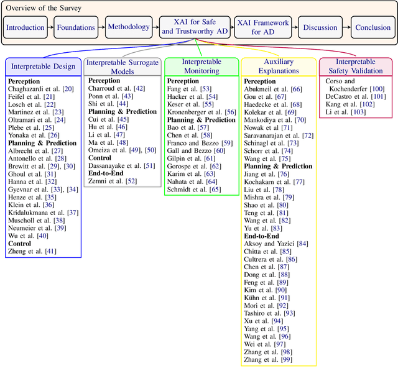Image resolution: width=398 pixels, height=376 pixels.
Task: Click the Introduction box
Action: click(25, 27)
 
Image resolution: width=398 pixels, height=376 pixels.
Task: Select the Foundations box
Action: click(76, 27)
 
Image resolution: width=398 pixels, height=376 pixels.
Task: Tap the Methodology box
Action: click(129, 27)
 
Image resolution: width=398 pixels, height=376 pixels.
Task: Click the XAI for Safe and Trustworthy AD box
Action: click(193, 27)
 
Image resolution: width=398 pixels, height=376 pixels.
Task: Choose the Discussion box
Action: click(321, 27)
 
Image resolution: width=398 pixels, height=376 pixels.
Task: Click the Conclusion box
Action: click(373, 27)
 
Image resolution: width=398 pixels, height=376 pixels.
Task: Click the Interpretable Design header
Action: click(44, 66)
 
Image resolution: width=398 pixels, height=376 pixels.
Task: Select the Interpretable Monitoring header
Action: click(201, 66)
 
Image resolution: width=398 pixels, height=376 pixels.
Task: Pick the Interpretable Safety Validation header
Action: click(355, 66)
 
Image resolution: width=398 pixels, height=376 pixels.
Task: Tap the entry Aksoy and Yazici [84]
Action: click(276, 244)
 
